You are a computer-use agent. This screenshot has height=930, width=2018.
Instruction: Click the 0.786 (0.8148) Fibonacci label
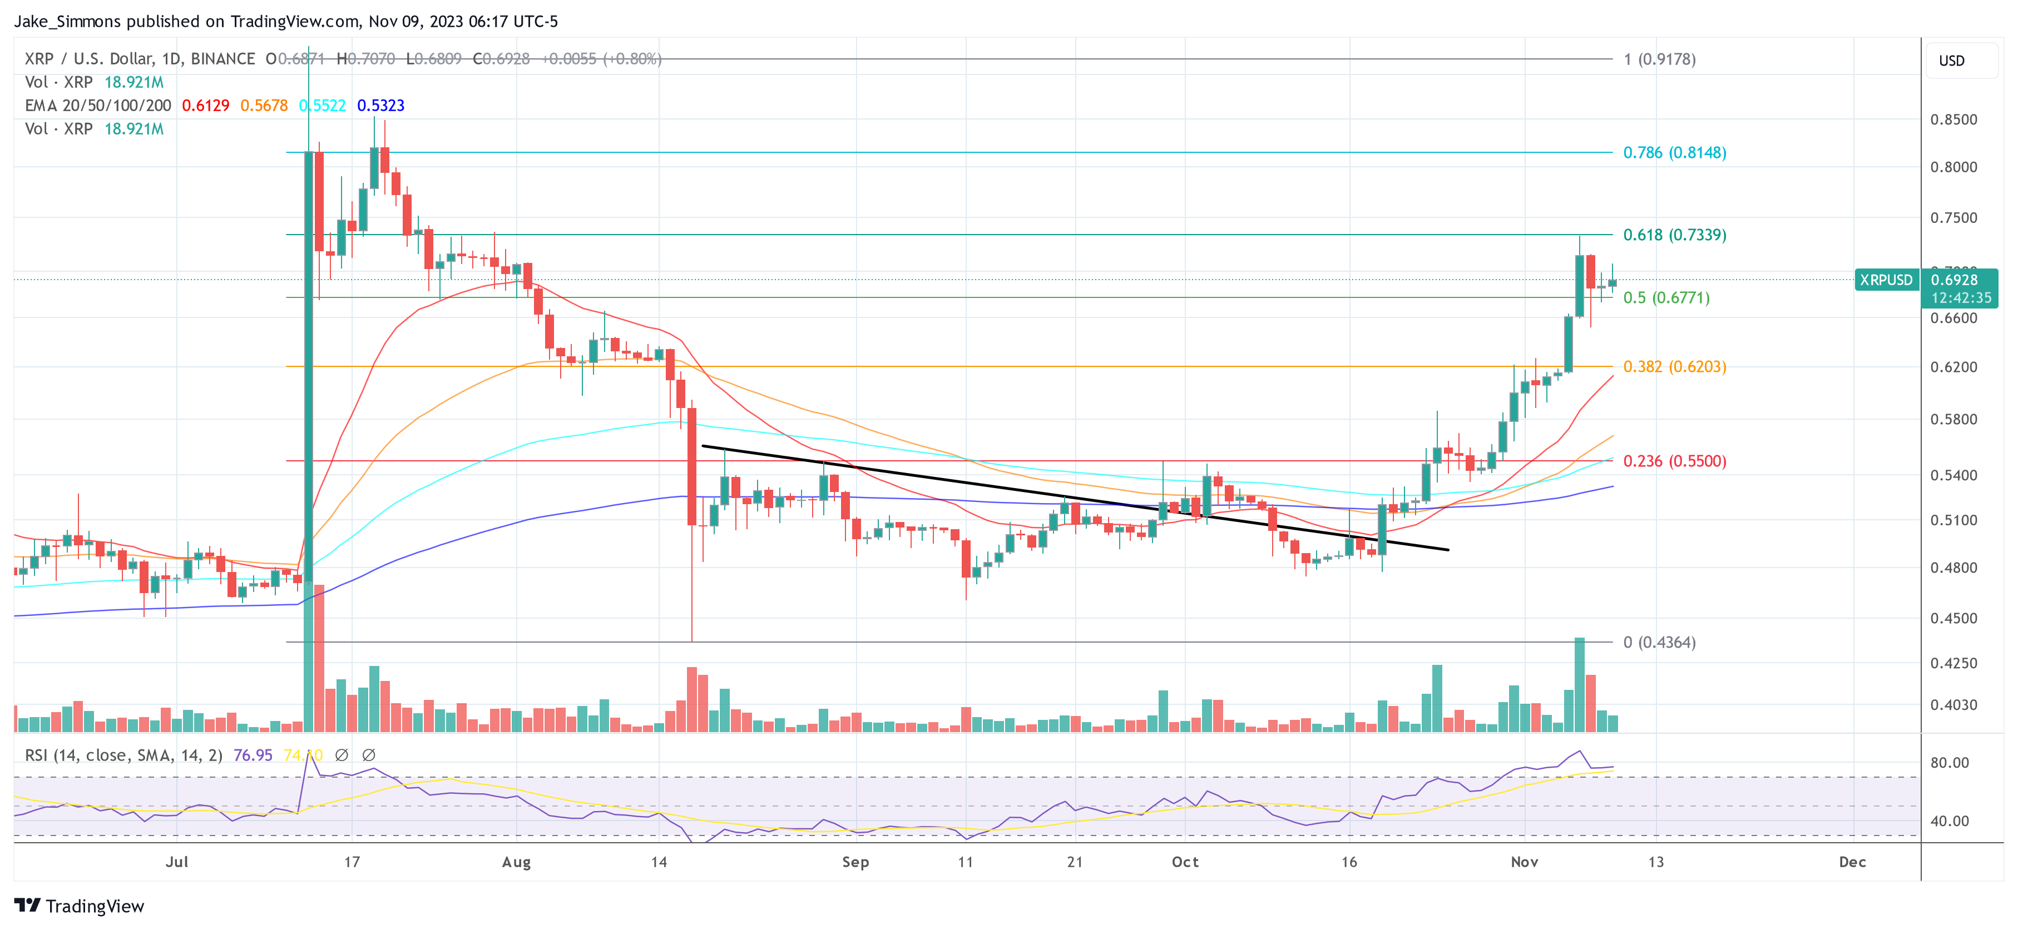click(1674, 153)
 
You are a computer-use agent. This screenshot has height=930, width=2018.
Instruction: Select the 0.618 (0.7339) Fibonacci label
click(1674, 235)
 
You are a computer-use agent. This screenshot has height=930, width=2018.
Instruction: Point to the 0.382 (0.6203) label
click(1674, 366)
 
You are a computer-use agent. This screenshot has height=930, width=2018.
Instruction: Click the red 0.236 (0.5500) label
click(1674, 461)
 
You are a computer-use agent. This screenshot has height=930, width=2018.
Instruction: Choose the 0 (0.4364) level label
click(1659, 642)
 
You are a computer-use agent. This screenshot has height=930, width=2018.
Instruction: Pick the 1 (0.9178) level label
click(1659, 59)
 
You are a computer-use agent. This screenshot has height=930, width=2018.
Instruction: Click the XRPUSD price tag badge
click(1886, 280)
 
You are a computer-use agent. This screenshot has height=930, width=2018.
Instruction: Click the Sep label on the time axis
click(855, 862)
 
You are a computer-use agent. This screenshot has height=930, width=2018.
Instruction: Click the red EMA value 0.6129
click(205, 106)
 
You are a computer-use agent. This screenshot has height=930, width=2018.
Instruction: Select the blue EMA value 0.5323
click(380, 106)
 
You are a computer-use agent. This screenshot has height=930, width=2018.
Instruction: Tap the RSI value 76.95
click(253, 755)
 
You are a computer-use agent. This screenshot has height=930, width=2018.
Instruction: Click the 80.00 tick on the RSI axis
click(1949, 763)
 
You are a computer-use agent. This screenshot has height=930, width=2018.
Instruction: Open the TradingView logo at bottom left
click(79, 906)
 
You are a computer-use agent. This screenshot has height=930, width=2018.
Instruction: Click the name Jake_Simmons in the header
click(67, 21)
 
